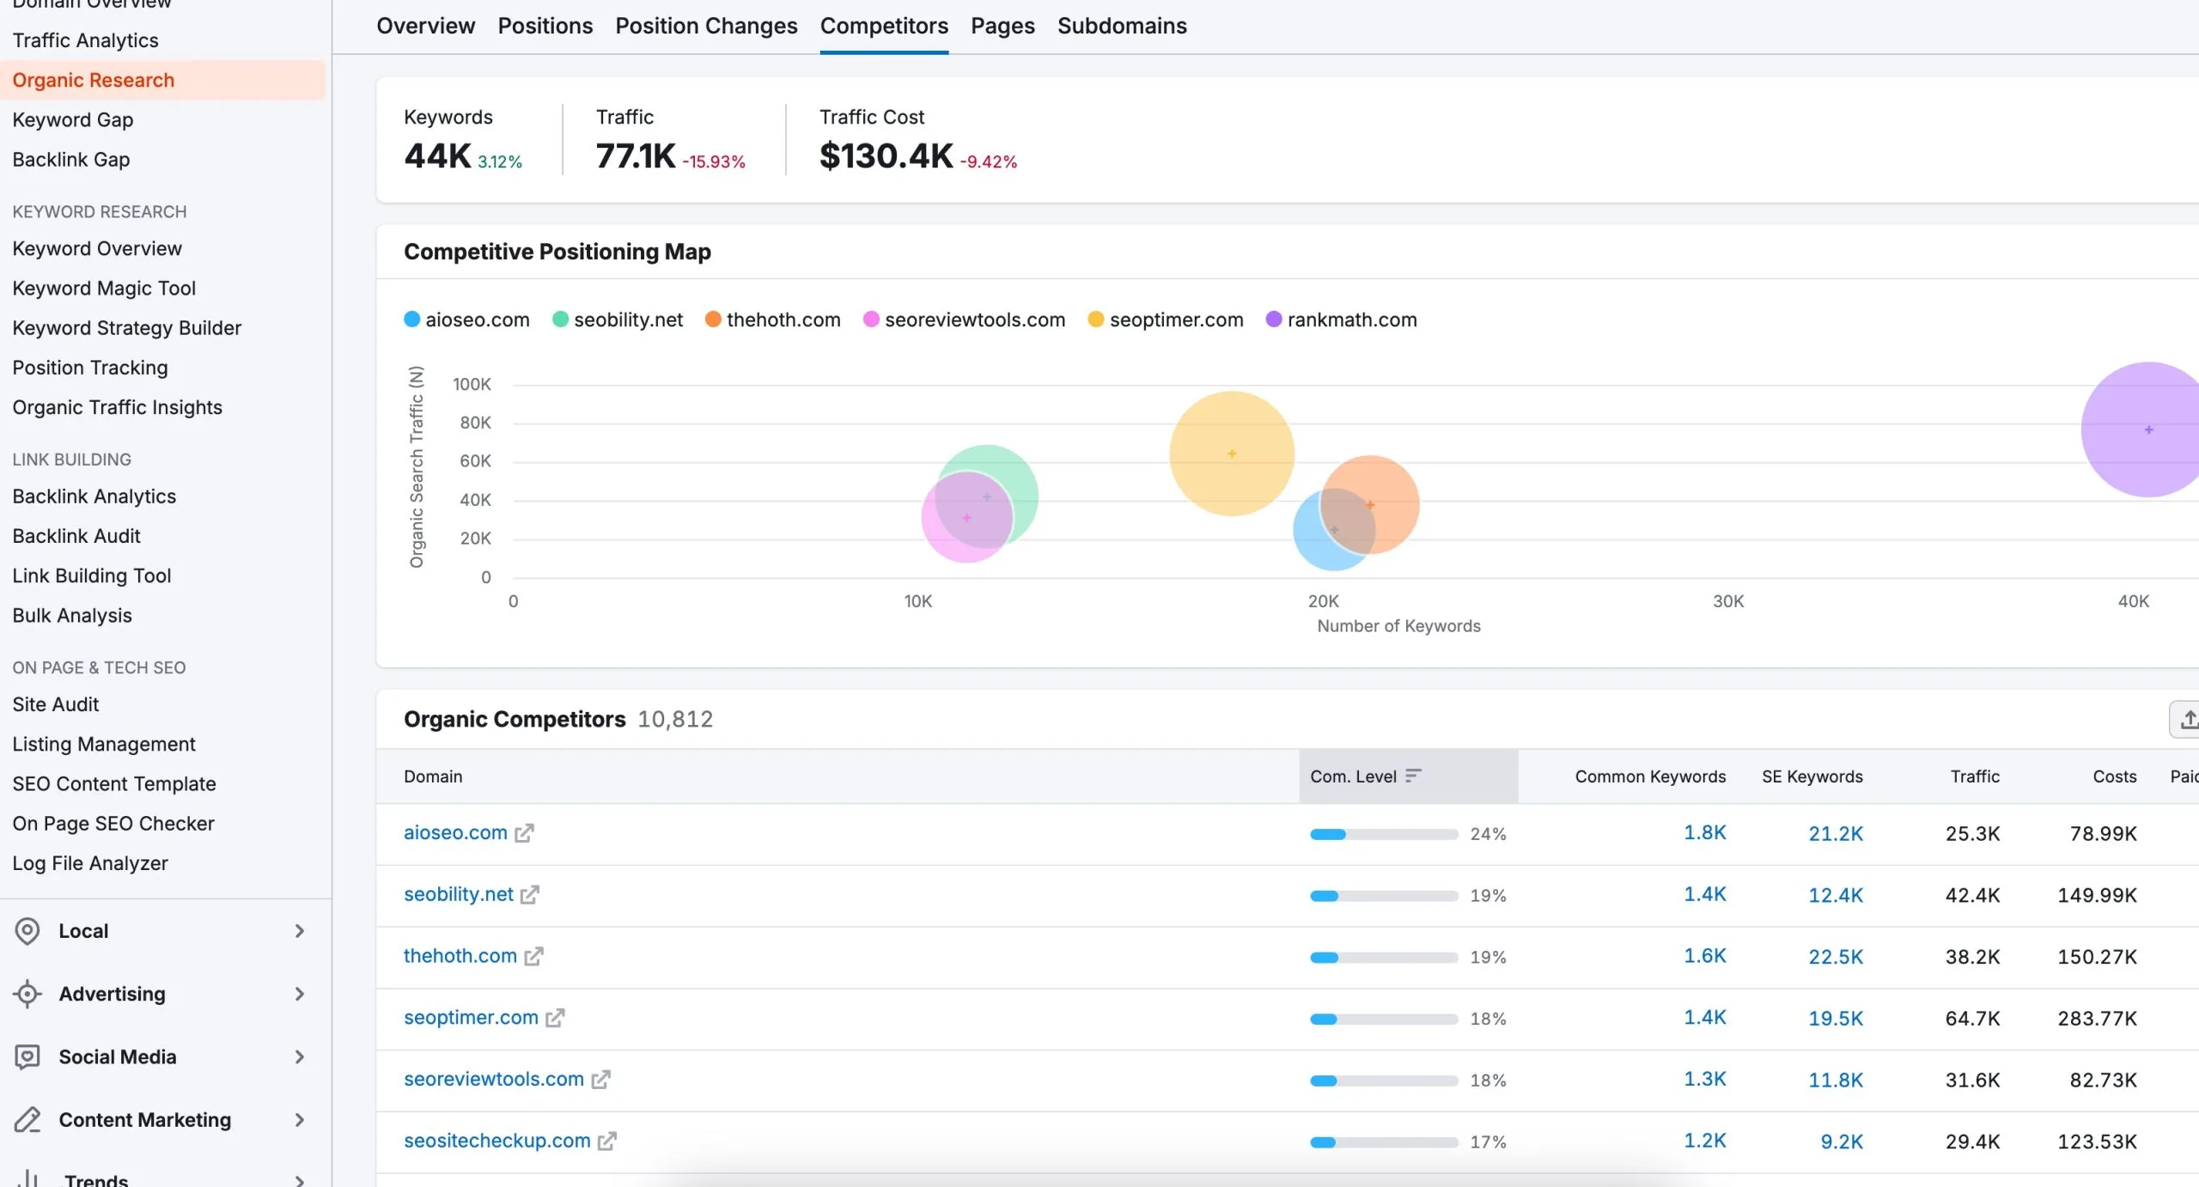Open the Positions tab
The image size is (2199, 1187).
[x=545, y=26]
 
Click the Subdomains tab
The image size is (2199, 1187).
[x=1121, y=26]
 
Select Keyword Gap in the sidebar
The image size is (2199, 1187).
[x=72, y=119]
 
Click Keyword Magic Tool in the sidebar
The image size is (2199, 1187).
[x=104, y=288]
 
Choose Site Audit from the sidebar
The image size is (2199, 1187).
[x=55, y=704]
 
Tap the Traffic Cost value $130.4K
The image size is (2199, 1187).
[x=886, y=156]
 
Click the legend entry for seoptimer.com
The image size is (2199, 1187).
[x=1175, y=320]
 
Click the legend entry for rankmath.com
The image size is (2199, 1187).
[x=1351, y=320]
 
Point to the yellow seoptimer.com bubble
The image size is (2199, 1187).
[x=1231, y=453]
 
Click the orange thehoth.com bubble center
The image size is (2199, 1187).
[x=1370, y=505]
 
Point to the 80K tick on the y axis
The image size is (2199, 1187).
[x=475, y=423]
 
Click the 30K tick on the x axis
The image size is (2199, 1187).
[x=1727, y=601]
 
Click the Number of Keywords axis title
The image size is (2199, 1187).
[x=1398, y=626]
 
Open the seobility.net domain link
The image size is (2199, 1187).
[x=458, y=894]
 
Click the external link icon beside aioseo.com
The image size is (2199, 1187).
[x=524, y=833]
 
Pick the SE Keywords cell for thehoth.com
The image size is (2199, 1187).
[x=1835, y=957]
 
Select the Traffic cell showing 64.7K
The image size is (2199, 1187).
[x=1971, y=1019]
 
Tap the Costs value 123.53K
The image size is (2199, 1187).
[x=2096, y=1141]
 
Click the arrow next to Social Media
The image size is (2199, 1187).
[x=299, y=1056]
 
